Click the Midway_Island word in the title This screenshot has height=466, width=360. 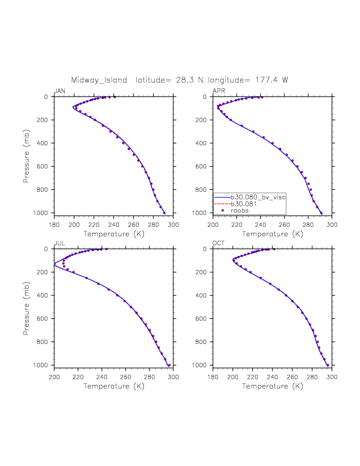coord(99,80)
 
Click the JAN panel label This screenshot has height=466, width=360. coord(59,91)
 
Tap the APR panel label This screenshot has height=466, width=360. coord(218,91)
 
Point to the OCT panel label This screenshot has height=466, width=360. coord(218,243)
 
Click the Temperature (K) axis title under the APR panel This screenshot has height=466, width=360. coord(273,234)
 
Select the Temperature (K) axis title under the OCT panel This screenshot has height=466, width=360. coord(273,386)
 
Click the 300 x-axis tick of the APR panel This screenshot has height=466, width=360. coord(332,225)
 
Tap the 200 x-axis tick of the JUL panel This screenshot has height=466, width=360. coord(54,377)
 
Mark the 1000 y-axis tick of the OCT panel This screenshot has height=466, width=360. coord(203,365)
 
